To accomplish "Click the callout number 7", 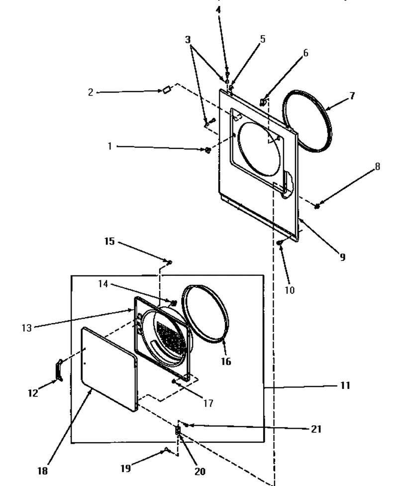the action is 352,96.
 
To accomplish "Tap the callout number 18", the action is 43,471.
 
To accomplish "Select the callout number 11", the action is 345,385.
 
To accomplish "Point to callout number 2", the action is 91,92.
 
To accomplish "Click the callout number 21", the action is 316,429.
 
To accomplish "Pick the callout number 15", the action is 109,241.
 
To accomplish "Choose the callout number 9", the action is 343,257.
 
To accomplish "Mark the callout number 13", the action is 27,328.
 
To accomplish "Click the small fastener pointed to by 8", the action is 317,206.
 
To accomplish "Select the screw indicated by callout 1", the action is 208,150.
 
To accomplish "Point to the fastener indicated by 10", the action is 280,243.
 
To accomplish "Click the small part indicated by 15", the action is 170,263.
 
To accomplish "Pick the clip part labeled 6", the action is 263,102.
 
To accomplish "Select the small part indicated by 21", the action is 187,425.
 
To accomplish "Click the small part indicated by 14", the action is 174,302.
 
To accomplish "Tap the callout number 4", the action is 218,10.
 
